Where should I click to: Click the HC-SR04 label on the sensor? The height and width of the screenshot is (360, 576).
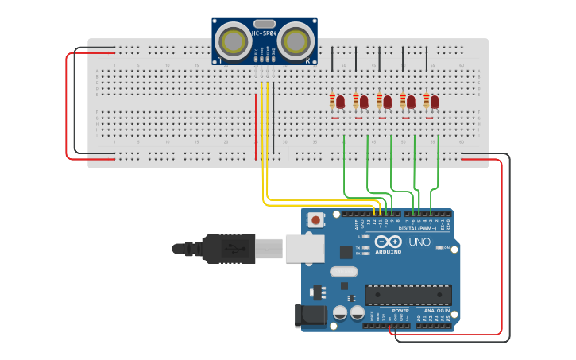265,33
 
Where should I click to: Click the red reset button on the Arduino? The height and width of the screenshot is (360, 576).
316,220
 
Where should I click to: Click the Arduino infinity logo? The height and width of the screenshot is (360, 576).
389,242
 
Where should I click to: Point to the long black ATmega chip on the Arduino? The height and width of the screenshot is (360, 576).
408,295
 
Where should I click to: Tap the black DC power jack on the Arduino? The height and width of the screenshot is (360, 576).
311,315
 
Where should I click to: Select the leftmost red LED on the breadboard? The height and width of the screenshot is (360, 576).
341,102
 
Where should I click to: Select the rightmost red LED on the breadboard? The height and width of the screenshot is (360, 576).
435,102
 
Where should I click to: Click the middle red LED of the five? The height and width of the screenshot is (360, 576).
388,102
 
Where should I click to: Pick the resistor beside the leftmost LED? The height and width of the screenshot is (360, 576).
332,101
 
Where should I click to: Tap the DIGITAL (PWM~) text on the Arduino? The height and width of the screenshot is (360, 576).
417,228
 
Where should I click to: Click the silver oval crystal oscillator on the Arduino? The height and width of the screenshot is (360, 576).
344,272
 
